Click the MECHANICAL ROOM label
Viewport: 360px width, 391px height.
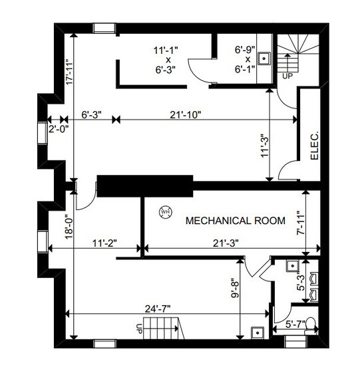point(235,220)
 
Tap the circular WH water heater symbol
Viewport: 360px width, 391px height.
point(165,212)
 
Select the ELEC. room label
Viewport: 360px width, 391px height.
point(315,144)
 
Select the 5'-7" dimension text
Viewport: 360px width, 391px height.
point(295,324)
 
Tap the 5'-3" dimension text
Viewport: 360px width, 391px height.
point(300,283)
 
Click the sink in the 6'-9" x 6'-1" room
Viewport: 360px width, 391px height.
point(264,59)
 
